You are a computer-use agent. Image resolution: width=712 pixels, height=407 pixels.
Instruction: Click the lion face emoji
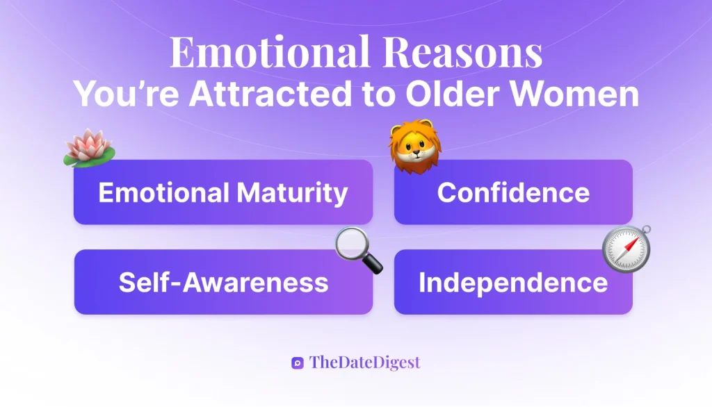click(x=415, y=147)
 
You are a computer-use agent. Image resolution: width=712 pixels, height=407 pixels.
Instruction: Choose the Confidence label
click(x=513, y=192)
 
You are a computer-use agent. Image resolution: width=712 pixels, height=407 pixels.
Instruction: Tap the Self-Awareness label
click(x=223, y=282)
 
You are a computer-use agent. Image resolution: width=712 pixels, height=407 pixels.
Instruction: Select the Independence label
click(x=513, y=282)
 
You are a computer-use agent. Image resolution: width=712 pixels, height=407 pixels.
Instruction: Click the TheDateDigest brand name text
click(x=365, y=362)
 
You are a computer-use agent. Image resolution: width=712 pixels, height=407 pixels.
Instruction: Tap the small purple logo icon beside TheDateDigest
click(x=298, y=363)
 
